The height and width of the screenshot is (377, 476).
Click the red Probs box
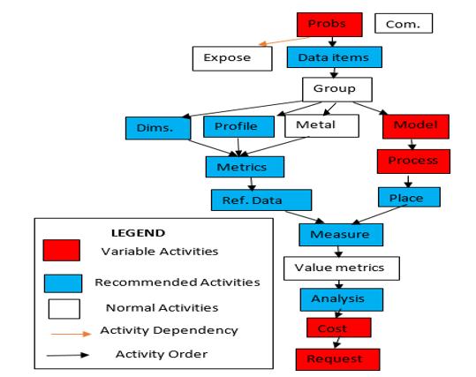coord(329,25)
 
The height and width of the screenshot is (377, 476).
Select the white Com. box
coord(404,23)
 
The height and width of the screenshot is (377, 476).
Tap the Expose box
coord(232,58)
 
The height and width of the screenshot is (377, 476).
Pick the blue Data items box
coord(334,57)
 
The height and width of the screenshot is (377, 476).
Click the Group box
coord(337,89)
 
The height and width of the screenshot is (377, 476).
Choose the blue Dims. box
coord(158,128)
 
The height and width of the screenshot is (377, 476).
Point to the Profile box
coord(239,126)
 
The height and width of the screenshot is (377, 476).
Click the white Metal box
coord(321,125)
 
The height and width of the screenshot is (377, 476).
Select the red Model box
coord(416,126)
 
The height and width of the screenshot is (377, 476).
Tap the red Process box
coord(413,162)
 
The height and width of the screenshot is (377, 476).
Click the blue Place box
coord(409,197)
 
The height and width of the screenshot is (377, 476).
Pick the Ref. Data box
coord(261,200)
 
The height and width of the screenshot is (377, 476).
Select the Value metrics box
coord(342,268)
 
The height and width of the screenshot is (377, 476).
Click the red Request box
coord(337,359)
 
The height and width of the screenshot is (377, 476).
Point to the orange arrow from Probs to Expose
coord(284,41)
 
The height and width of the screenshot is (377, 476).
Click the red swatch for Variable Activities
coord(62,251)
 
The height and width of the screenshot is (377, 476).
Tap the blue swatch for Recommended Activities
coord(64,283)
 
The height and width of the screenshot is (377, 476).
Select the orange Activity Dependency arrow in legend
coord(71,334)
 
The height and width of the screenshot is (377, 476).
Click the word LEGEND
coord(138,233)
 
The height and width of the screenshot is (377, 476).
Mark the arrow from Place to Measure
coord(379,215)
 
